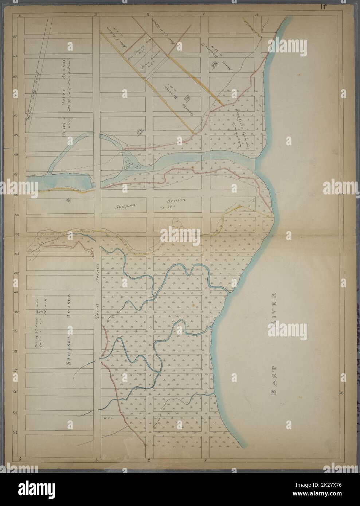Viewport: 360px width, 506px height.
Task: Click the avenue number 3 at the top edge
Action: pyautogui.click(x=96, y=15)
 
